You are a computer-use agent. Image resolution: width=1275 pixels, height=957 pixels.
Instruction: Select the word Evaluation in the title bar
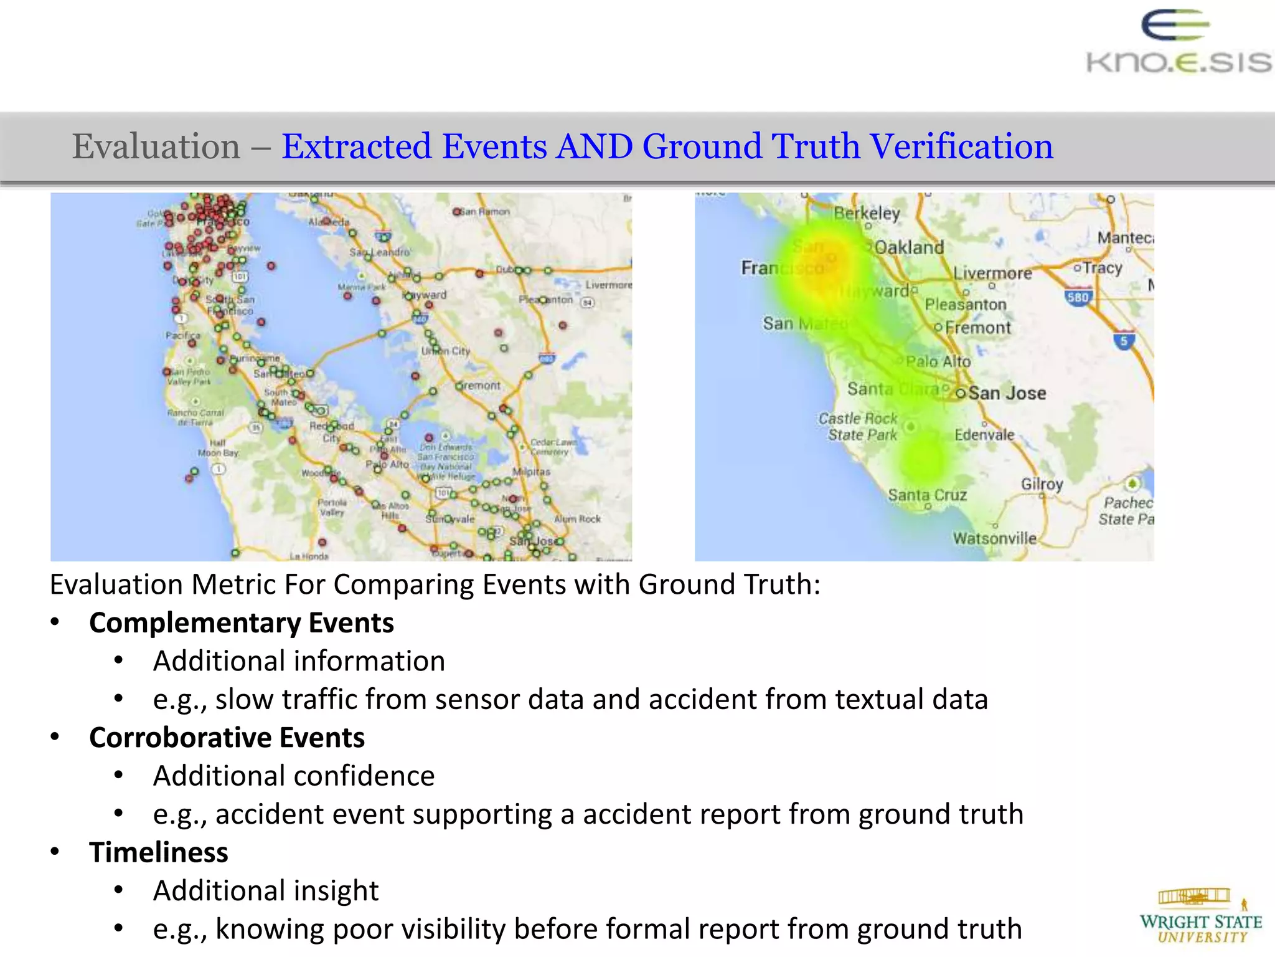pyautogui.click(x=156, y=147)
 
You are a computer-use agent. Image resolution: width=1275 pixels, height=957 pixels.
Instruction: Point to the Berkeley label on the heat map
pyautogui.click(x=867, y=213)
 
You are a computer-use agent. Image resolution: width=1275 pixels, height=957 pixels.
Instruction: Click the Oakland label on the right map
pyautogui.click(x=909, y=247)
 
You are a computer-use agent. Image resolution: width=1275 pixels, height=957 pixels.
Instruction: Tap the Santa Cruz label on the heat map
pyautogui.click(x=927, y=495)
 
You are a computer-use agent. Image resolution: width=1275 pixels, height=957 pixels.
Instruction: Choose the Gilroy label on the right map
pyautogui.click(x=1042, y=484)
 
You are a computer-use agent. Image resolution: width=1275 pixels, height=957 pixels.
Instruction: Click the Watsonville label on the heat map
pyautogui.click(x=994, y=538)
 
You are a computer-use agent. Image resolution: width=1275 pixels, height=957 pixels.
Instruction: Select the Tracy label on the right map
pyautogui.click(x=1102, y=268)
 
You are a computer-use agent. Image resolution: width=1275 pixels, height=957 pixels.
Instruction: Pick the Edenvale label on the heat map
pyautogui.click(x=984, y=434)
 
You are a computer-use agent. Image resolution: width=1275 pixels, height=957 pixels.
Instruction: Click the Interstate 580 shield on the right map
pyautogui.click(x=1078, y=297)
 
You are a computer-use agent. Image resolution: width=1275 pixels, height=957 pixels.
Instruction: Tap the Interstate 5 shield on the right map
pyautogui.click(x=1124, y=341)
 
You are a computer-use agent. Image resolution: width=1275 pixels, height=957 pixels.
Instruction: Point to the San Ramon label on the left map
pyautogui.click(x=485, y=212)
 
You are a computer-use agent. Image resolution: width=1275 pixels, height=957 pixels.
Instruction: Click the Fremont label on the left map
pyautogui.click(x=480, y=386)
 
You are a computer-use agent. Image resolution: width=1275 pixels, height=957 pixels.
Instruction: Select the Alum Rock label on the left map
pyautogui.click(x=577, y=518)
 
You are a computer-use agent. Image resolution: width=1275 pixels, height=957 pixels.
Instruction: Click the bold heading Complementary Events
pyautogui.click(x=242, y=623)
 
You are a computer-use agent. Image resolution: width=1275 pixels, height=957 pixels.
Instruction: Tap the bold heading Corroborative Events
pyautogui.click(x=227, y=738)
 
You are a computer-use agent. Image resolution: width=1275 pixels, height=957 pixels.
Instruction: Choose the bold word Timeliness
pyautogui.click(x=159, y=852)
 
